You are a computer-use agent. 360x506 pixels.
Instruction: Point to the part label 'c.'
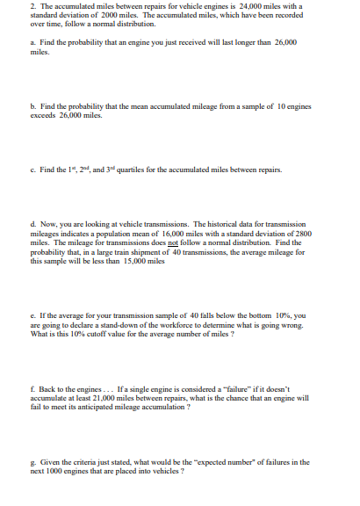point(32,170)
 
